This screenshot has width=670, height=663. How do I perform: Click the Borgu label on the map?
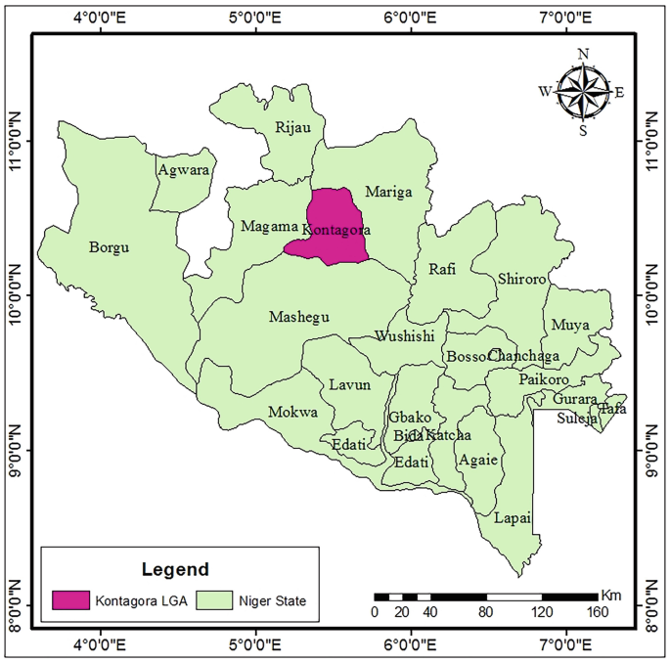[109, 247]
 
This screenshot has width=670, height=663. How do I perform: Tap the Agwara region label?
[183, 169]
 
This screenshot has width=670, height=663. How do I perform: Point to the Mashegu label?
[298, 317]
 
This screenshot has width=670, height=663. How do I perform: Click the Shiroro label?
[521, 279]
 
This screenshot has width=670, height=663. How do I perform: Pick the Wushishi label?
[404, 336]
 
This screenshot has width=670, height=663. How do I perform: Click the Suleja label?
[575, 419]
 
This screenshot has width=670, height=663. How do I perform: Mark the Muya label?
[569, 324]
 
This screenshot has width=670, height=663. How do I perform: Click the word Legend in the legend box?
[175, 568]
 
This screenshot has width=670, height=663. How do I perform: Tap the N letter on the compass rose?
[584, 54]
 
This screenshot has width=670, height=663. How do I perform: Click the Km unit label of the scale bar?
[611, 595]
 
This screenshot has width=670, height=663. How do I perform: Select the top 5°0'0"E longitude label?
[255, 16]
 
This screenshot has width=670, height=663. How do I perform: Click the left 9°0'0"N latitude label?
[16, 449]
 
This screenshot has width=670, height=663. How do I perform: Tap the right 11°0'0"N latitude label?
[652, 140]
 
